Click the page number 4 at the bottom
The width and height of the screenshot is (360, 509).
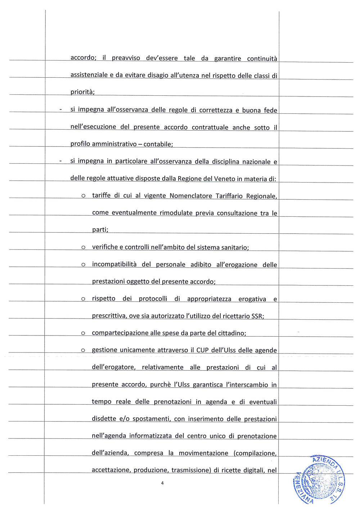(162, 483)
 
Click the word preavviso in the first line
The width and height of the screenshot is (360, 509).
(126, 58)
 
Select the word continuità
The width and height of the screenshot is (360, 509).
(262, 58)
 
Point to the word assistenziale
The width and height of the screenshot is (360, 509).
(89, 75)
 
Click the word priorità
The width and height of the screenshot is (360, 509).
(82, 92)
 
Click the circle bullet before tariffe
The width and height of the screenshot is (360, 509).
(83, 196)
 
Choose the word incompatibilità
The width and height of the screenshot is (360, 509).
(114, 265)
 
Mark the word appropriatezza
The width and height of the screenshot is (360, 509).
(209, 299)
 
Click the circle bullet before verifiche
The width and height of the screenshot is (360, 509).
(83, 248)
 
